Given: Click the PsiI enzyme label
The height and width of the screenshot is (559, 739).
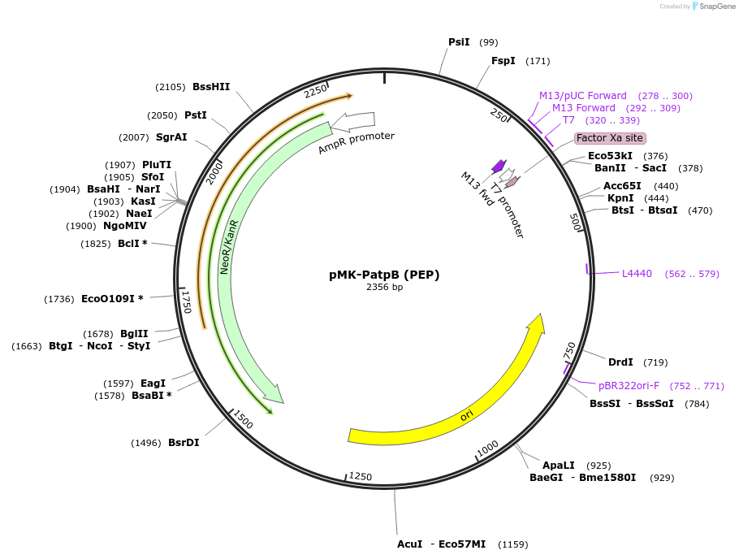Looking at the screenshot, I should click(x=459, y=42).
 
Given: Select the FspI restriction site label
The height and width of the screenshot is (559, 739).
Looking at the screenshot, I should click(x=503, y=61).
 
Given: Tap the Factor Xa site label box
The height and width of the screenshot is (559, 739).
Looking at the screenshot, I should click(x=610, y=138).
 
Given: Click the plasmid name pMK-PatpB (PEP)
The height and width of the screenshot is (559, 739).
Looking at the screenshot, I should click(x=384, y=275).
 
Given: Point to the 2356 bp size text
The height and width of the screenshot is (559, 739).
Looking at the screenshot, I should click(x=384, y=287).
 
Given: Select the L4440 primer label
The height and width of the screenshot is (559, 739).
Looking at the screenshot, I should click(x=637, y=274).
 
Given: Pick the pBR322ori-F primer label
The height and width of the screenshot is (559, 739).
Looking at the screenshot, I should click(x=629, y=386).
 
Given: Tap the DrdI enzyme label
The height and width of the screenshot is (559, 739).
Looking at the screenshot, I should click(x=620, y=362).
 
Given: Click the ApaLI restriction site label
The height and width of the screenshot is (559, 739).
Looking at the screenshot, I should click(x=558, y=466).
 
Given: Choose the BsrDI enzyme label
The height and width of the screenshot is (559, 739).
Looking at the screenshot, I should click(x=184, y=443).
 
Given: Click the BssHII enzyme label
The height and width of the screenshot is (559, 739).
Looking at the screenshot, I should click(x=211, y=87).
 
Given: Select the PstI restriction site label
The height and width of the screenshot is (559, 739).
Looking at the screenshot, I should click(x=196, y=115).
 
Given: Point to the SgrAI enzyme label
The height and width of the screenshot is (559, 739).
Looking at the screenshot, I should click(x=171, y=137).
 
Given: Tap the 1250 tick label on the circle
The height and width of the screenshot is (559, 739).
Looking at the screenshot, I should click(x=361, y=477).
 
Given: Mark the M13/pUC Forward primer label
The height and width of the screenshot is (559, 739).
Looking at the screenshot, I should click(x=583, y=96).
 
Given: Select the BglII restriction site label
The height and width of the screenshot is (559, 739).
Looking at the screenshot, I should click(x=134, y=334).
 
